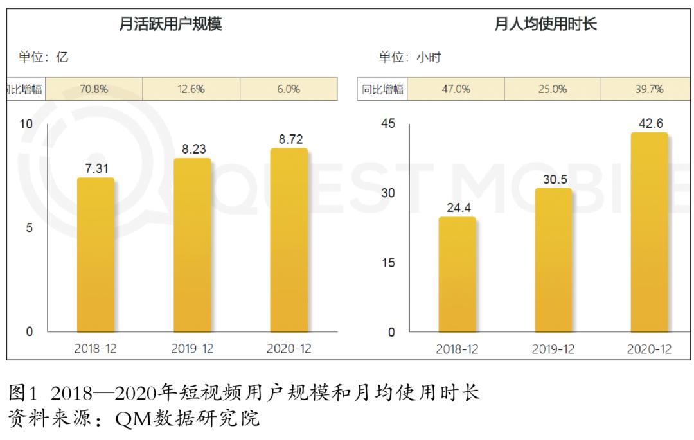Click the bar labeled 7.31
point(95,255)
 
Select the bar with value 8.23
point(192,245)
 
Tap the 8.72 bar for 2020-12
point(289,240)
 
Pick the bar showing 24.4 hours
point(457,274)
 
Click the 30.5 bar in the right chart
point(553,260)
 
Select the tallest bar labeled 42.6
point(649,233)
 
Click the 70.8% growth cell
point(94,89)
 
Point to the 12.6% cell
point(191,89)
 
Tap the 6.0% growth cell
point(289,89)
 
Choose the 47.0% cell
point(456,89)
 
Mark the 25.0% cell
point(553,89)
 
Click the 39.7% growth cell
point(649,89)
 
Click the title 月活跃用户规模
point(170,25)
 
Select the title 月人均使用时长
point(545,25)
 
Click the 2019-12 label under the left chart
point(192,349)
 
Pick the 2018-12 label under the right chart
point(457,349)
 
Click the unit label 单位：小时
point(409,57)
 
